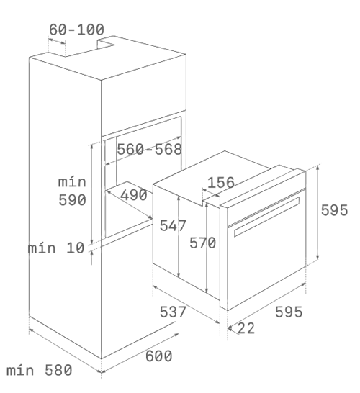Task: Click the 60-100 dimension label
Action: pyautogui.click(x=76, y=30)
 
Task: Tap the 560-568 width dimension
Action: pyautogui.click(x=150, y=149)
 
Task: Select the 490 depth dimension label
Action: pyautogui.click(x=134, y=195)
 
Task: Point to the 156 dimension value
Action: pyautogui.click(x=221, y=183)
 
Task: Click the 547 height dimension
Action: pyautogui.click(x=173, y=225)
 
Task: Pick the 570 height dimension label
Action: pyautogui.click(x=202, y=243)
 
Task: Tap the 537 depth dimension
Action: pyautogui.click(x=173, y=312)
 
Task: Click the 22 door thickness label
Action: pyautogui.click(x=246, y=328)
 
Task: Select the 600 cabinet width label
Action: pyautogui.click(x=159, y=356)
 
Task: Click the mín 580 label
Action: pyautogui.click(x=40, y=370)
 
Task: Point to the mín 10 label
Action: pyautogui.click(x=56, y=248)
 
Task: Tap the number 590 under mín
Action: pyautogui.click(x=72, y=200)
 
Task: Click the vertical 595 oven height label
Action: pyautogui.click(x=334, y=210)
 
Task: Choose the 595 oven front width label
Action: pyautogui.click(x=289, y=312)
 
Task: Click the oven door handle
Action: pyautogui.click(x=266, y=217)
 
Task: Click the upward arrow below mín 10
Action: pyautogui.click(x=91, y=258)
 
